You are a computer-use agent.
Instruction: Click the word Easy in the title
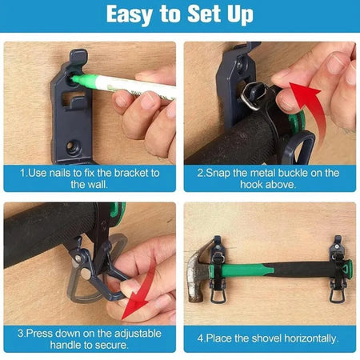pyautogui.click(x=130, y=14)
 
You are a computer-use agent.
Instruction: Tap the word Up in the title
pyautogui.click(x=240, y=14)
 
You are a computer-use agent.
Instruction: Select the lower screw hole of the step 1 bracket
pyautogui.click(x=73, y=146)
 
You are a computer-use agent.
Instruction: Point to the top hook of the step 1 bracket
pyautogui.click(x=78, y=57)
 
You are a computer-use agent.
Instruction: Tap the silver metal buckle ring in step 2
pyautogui.click(x=254, y=95)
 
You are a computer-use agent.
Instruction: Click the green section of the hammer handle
pyautogui.click(x=246, y=270)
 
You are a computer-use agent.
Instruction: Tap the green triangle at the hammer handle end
pyautogui.click(x=346, y=269)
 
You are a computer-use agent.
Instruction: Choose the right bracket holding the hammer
pyautogui.click(x=338, y=269)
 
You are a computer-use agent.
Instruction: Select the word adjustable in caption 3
pyautogui.click(x=138, y=334)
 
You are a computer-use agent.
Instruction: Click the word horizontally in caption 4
pyautogui.click(x=311, y=338)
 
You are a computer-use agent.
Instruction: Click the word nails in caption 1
pyautogui.click(x=61, y=173)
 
